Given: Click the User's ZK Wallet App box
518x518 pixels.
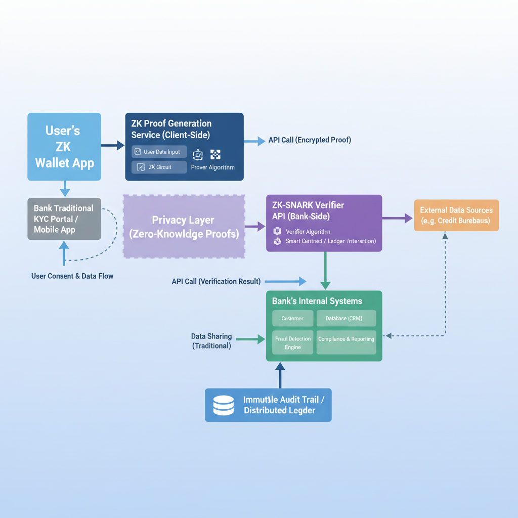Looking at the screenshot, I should tap(64, 147).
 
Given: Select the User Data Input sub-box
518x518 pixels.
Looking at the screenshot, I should tap(159, 152).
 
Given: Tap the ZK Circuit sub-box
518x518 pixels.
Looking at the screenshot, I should tap(159, 167).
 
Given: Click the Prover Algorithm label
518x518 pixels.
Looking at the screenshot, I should tap(212, 167).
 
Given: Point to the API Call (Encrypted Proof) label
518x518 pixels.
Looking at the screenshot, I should tap(310, 140).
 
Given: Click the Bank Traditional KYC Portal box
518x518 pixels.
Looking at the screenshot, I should tap(64, 219).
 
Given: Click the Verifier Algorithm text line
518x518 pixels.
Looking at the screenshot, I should tap(308, 232).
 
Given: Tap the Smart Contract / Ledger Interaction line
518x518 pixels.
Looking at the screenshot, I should tap(330, 241).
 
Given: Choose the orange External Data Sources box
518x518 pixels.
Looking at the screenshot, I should tap(456, 215).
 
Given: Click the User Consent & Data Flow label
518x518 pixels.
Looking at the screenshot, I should tap(72, 276).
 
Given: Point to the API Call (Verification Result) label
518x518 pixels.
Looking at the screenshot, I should tap(216, 281).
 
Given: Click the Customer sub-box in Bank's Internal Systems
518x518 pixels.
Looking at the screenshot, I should tap(292, 318).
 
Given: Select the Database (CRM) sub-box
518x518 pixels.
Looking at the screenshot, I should tap(347, 318).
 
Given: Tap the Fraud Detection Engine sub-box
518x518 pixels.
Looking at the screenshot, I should tap(292, 342).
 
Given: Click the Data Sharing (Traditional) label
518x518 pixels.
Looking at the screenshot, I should tap(211, 341).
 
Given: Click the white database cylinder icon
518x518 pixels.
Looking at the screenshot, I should tap(224, 405).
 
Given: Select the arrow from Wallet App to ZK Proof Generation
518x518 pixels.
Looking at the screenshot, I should tap(113, 146).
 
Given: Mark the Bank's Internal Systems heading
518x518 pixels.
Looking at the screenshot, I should tap(317, 301).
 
